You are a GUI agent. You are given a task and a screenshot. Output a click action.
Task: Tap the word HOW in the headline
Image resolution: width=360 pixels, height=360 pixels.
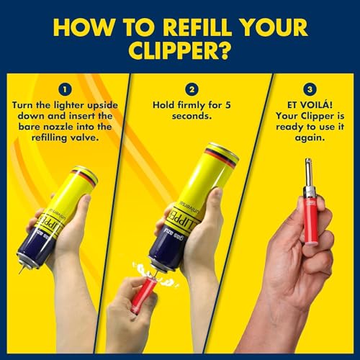(x=78, y=26)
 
